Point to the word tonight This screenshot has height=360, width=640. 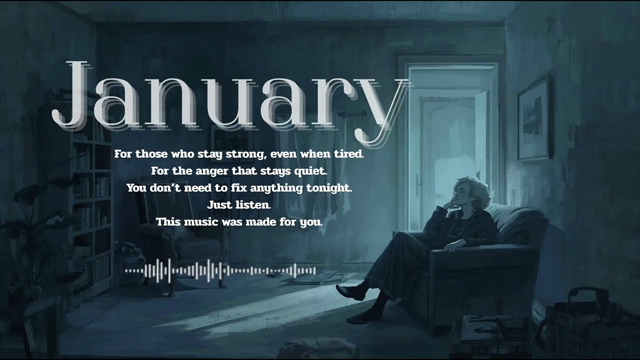coord(332,188)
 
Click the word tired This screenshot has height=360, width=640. coord(348,154)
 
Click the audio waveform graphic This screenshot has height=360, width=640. coord(220,270)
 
